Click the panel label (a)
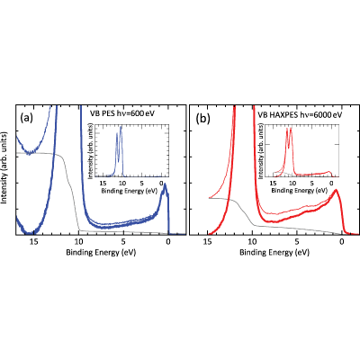click(26, 118)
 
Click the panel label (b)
click(202, 118)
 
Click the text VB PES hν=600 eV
click(122, 113)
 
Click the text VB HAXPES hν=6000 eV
click(301, 114)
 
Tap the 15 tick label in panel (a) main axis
click(34, 241)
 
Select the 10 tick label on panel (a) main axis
click(78, 241)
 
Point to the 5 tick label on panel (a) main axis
click(123, 241)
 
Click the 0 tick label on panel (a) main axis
click(168, 241)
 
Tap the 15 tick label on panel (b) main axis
click(208, 241)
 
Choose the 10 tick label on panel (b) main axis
click(252, 241)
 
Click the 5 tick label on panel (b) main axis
click(297, 241)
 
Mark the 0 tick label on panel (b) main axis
click(341, 241)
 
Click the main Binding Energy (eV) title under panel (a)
click(101, 253)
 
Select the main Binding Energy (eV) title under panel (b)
click(274, 253)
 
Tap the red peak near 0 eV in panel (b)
click(336, 190)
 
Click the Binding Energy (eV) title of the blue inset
click(130, 191)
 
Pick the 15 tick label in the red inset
click(273, 183)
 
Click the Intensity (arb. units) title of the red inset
click(262, 152)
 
